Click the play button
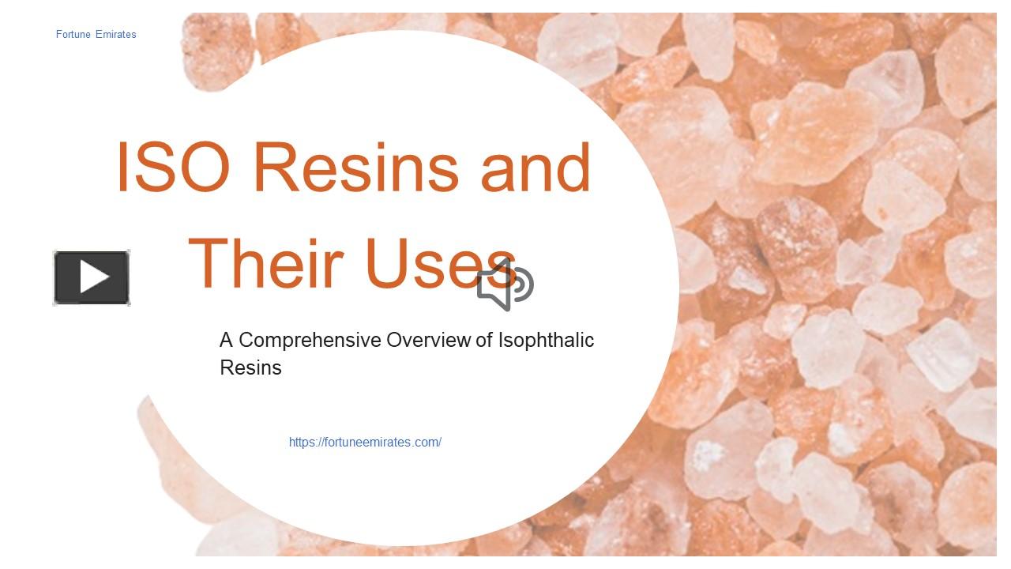92,277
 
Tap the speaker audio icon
505,285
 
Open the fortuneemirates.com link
365,443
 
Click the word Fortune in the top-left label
73,34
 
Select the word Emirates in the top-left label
116,34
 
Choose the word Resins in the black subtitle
250,367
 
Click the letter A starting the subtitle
227,341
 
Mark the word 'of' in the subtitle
484,341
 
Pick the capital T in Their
208,263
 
